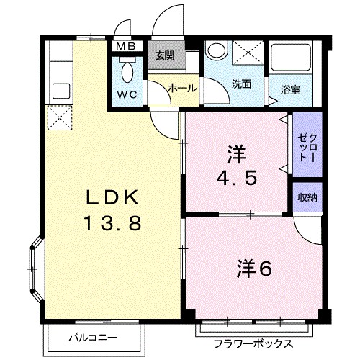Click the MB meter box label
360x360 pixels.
(126, 46)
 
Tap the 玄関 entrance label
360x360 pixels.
(165, 55)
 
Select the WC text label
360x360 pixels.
(127, 94)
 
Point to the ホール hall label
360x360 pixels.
(182, 89)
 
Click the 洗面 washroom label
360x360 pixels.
(241, 84)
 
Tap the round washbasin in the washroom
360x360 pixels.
(217, 50)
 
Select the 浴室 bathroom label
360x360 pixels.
(290, 90)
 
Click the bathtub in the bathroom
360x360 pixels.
(291, 57)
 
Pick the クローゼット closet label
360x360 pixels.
(307, 148)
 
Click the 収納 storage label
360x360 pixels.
(307, 197)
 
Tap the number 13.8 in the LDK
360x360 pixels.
(112, 223)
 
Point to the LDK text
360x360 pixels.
(113, 197)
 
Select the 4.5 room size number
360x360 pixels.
(237, 178)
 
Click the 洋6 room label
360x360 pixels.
(254, 269)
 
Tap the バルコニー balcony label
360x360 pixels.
(94, 338)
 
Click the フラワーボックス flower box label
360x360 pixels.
(253, 344)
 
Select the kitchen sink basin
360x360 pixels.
(61, 91)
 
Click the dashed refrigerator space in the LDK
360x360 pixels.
(60, 118)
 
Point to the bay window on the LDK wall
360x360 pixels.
(35, 269)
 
